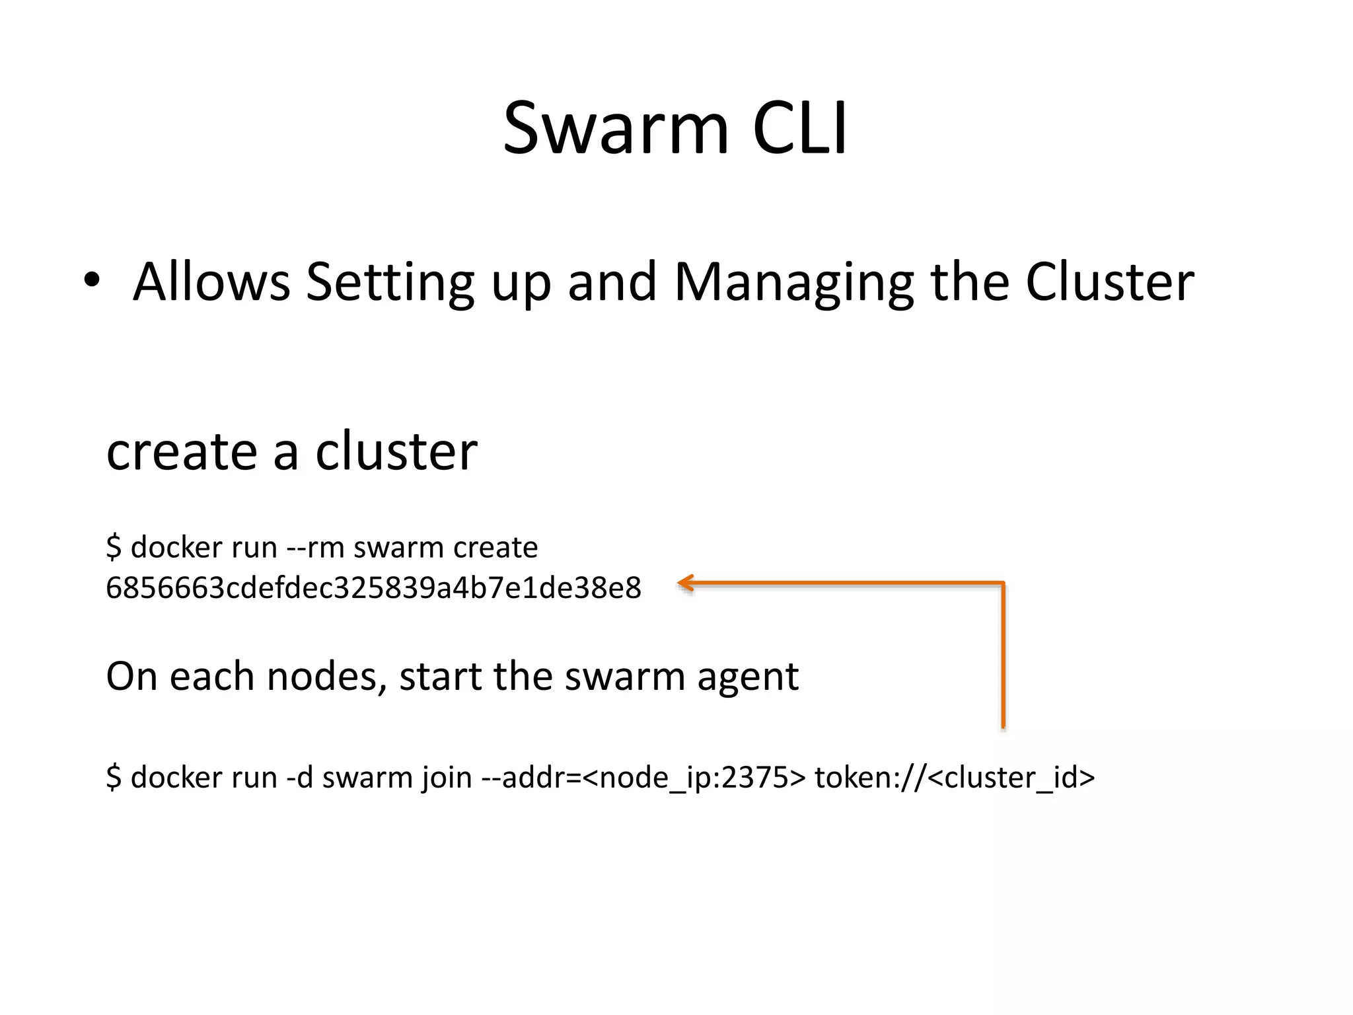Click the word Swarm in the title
click(x=616, y=128)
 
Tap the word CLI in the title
click(x=799, y=128)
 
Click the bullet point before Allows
click(x=92, y=280)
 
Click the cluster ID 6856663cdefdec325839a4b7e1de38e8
click(x=373, y=587)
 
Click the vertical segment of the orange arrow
click(x=1003, y=654)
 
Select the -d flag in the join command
click(x=299, y=777)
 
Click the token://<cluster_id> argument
click(x=955, y=777)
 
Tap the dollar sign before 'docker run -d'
click(x=114, y=777)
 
